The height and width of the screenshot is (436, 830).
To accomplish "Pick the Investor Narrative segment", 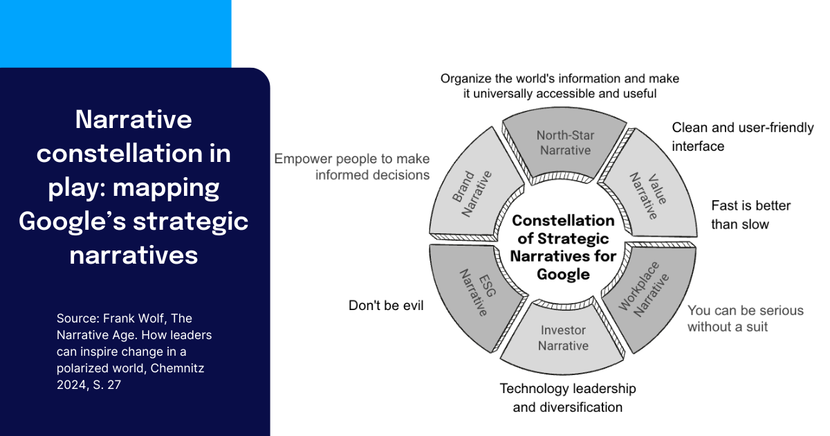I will pos(563,338).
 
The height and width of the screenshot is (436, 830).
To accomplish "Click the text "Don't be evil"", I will pos(385,305).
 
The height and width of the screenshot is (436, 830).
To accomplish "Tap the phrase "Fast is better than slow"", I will pos(750,215).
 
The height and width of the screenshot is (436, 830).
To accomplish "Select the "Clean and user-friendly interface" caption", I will pos(742,136).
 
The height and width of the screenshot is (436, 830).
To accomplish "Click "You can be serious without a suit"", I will pos(745,318).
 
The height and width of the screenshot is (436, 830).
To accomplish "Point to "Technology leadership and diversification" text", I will pos(567,397).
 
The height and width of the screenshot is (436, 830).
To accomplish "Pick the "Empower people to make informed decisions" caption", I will pos(352,167).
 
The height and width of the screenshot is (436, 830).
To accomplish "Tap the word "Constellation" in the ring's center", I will pos(563,221).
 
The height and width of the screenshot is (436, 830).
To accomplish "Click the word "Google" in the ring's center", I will pos(563,274).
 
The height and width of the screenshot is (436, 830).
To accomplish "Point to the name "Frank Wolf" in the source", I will pos(135,318).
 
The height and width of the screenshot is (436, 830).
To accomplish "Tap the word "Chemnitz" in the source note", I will pos(181,368).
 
